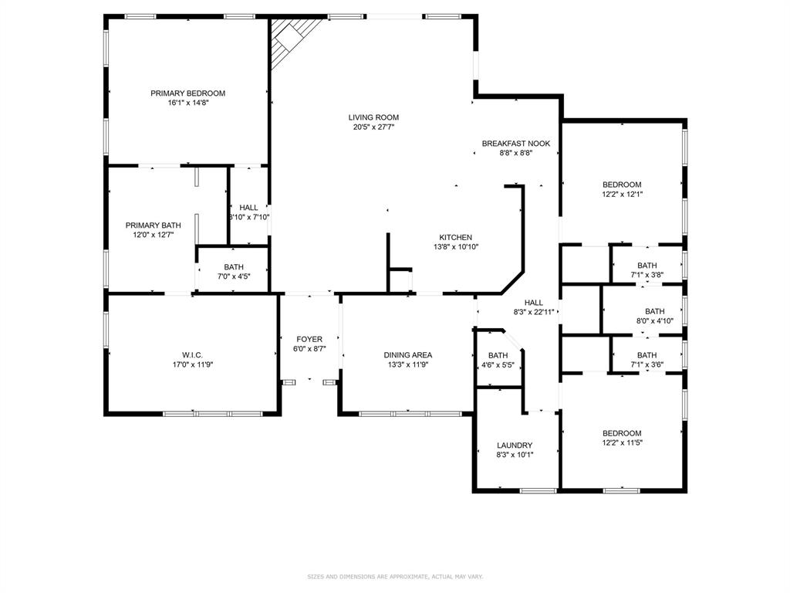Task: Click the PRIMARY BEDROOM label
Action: pos(187,93)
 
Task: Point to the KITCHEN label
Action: pos(455,237)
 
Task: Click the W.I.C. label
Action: pos(192,354)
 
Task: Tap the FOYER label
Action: pos(309,339)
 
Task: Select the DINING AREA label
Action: pos(408,354)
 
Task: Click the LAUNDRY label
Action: pos(515,445)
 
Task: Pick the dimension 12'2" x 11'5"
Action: pos(622,442)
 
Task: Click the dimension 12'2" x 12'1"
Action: pos(622,194)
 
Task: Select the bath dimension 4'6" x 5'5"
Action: pos(498,364)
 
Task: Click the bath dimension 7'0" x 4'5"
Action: pos(233,276)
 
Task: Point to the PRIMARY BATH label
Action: pos(153,225)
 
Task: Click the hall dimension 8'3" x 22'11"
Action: pos(534,312)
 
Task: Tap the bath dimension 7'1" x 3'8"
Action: pos(647,274)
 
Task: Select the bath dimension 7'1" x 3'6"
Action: pos(647,364)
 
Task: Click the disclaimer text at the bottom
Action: pos(395,576)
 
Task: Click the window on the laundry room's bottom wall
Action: pos(538,490)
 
